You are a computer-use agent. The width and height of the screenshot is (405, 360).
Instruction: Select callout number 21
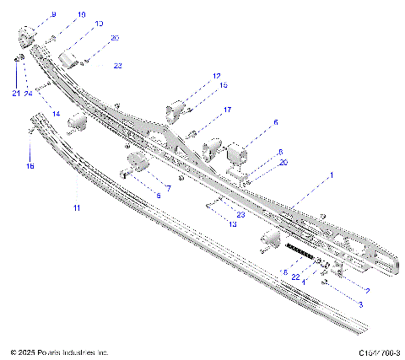[15, 93]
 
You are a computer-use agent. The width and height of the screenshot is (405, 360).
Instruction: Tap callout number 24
[28, 93]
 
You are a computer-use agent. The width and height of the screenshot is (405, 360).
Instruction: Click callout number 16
[30, 167]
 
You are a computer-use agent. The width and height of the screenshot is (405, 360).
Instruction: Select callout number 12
[217, 76]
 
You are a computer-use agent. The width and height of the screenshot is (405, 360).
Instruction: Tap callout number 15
[224, 86]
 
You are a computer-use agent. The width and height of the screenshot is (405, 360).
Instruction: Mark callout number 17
[227, 110]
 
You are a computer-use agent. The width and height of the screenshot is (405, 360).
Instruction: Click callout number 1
[332, 175]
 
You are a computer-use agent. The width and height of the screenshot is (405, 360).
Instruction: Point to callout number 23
[218, 215]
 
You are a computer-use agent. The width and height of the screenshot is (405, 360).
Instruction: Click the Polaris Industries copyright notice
[59, 352]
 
